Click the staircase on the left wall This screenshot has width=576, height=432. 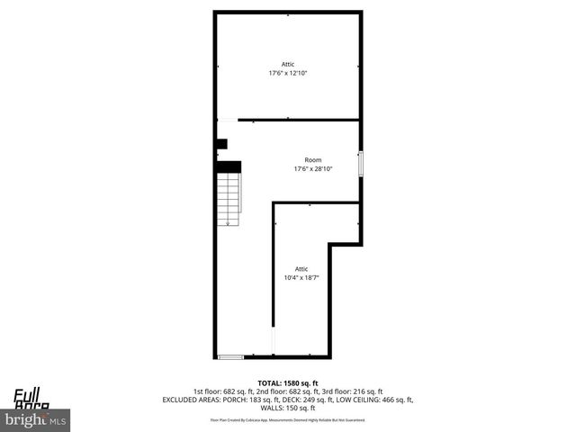coord(229,198)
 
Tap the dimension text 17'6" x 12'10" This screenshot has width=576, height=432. coord(288,74)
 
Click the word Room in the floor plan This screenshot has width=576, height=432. coord(312,160)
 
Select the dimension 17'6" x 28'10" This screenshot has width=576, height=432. coord(312,169)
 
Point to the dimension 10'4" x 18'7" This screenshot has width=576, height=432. coord(301,278)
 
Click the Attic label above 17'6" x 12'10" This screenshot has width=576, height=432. coord(288,65)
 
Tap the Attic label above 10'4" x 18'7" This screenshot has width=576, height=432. coord(301,269)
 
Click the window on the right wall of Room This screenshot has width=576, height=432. coord(361,164)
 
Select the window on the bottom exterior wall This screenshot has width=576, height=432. coord(231,357)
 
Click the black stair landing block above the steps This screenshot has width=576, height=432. coord(229,166)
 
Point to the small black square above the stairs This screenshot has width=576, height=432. coord(221,143)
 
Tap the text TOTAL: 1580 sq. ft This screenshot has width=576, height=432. coord(288,383)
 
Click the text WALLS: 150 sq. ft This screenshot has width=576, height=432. coord(288,407)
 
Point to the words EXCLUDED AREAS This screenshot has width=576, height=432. coord(192,399)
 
